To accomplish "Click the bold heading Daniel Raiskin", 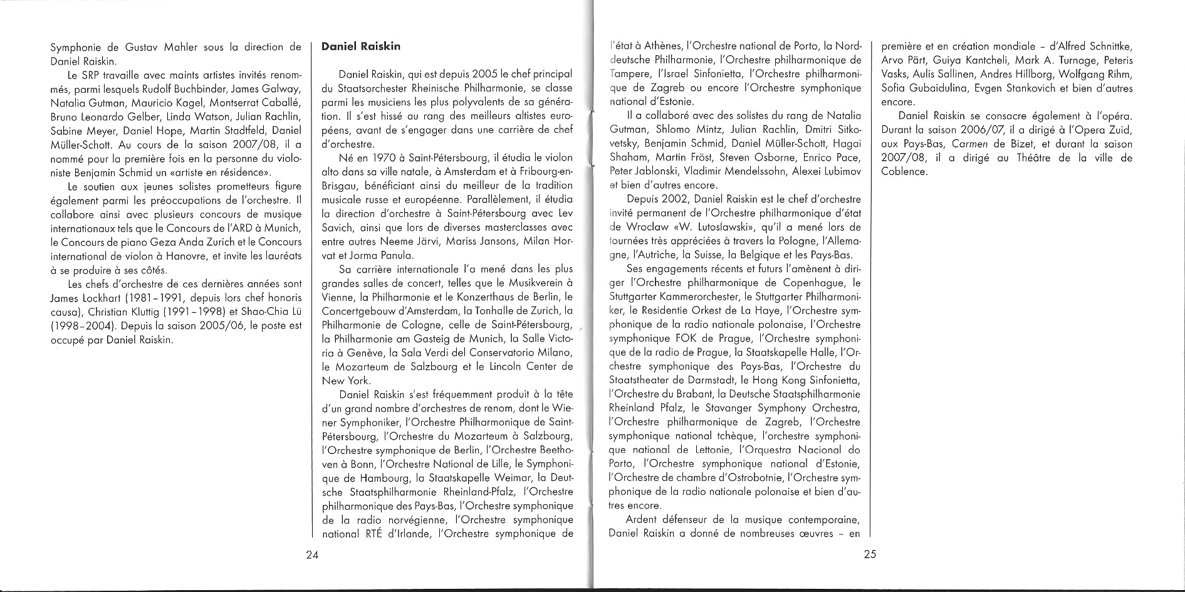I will tap(360, 46).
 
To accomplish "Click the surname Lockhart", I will tap(100, 298).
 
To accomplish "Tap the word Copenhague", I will tap(796, 283).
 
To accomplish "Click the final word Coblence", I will tap(904, 171).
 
